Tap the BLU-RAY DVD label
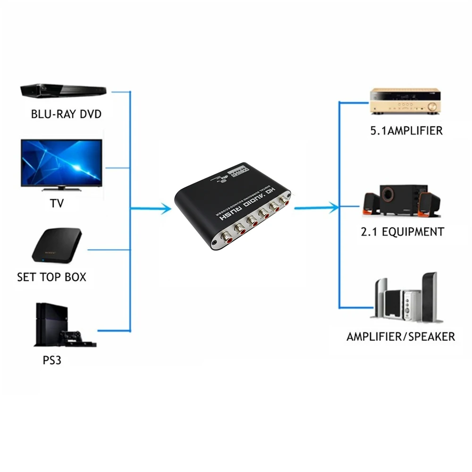[x=66, y=114]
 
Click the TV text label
[x=57, y=203]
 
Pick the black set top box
[x=57, y=246]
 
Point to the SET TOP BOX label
[x=52, y=277]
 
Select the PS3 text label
[x=52, y=361]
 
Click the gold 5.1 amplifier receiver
[x=405, y=101]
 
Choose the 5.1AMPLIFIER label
[x=406, y=131]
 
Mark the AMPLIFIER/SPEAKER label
[x=400, y=337]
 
